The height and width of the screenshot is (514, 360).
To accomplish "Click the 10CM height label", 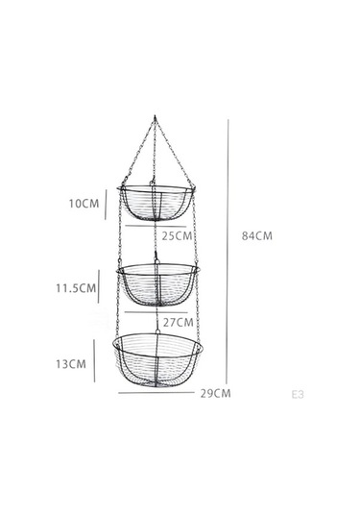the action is coord(84,204).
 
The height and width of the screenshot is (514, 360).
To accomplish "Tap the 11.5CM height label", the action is coord(76,288).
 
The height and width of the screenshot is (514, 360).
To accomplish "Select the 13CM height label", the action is coord(71,364).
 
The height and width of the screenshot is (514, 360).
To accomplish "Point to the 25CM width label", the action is coord(177,235).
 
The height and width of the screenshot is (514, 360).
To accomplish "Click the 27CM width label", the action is coord(179,322).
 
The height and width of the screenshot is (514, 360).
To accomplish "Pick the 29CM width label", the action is coord(216,393).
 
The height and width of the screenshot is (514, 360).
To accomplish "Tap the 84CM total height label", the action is coord(257,235).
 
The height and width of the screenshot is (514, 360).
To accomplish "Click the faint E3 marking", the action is coord(298,394).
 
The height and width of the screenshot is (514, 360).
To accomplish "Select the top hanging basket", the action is coord(156,188).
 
